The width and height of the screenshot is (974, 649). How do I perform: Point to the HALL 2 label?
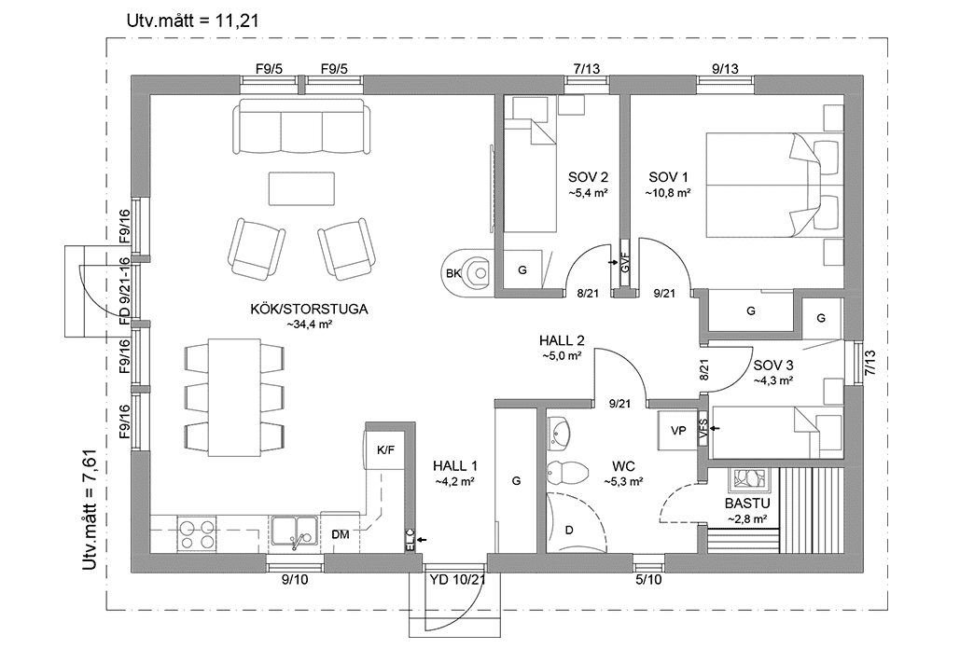point(562,340)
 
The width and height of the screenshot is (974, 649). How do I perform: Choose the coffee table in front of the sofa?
point(301,187)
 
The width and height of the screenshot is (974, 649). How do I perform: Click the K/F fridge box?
point(385,450)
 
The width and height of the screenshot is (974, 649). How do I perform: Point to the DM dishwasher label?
point(341,534)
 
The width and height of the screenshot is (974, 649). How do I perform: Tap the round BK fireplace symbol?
point(471,272)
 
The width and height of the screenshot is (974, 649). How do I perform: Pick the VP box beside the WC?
point(678,430)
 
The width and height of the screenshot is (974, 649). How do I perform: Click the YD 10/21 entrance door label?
point(458,579)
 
